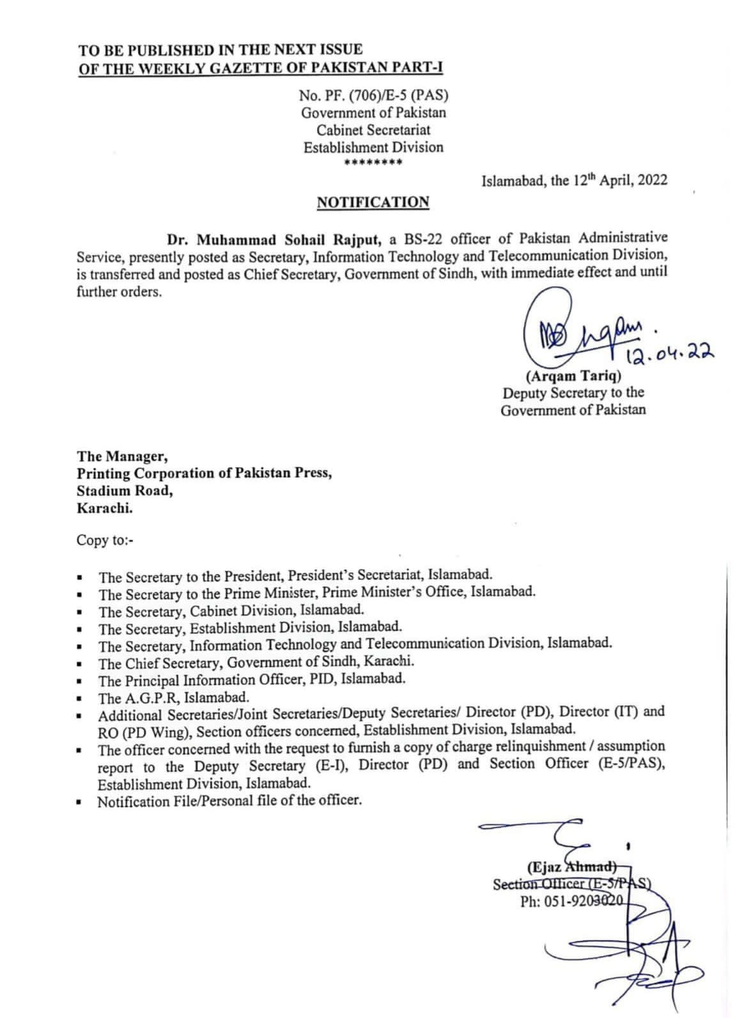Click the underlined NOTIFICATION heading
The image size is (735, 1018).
coord(373,203)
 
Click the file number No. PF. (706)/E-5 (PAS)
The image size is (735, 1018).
coord(373,96)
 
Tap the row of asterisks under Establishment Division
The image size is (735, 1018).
coord(373,163)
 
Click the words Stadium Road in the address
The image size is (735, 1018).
coord(125,491)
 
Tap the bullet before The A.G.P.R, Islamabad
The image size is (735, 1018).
coord(79,699)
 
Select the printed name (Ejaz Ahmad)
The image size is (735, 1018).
coord(571,867)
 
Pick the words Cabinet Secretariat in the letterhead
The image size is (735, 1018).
coord(373,130)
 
